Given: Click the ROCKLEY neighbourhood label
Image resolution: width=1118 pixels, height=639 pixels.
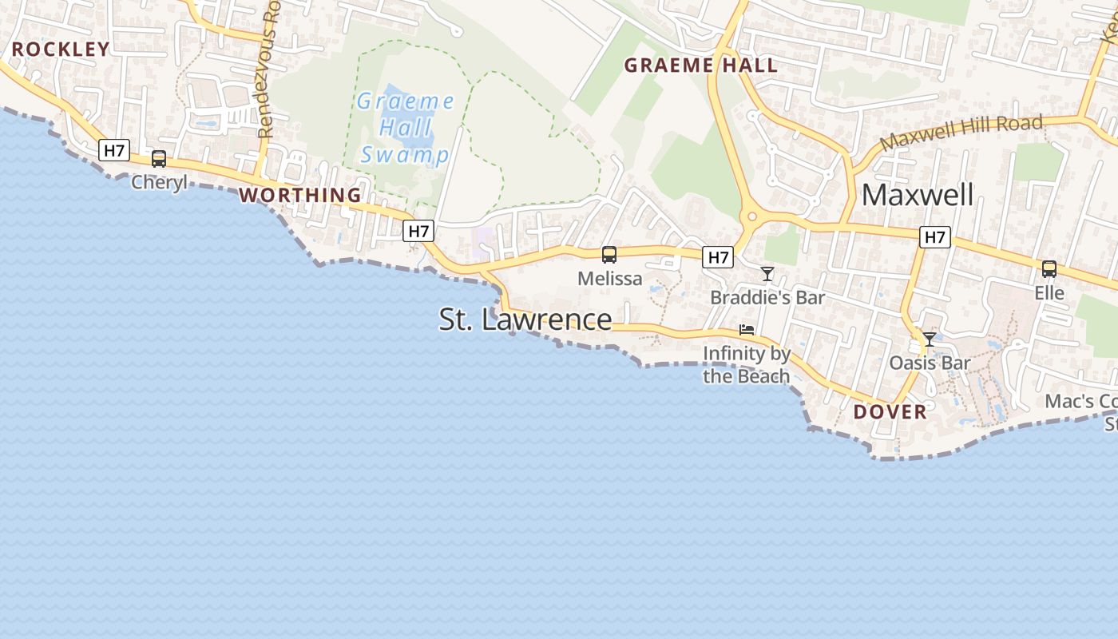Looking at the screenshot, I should [x=61, y=50].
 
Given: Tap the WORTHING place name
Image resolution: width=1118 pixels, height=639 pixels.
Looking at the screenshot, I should [x=300, y=195].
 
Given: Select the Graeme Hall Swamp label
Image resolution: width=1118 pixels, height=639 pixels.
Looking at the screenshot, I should [x=405, y=128].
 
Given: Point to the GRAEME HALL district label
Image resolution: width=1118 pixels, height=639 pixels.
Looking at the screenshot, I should [x=700, y=65].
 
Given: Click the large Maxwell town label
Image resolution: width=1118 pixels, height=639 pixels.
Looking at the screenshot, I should [x=918, y=195].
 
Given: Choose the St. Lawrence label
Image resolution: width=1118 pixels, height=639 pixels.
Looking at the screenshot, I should [x=525, y=319].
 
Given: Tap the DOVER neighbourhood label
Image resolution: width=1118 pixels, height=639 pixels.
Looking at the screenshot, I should [x=890, y=411].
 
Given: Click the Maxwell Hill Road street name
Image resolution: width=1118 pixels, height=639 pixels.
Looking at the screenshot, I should [x=961, y=133].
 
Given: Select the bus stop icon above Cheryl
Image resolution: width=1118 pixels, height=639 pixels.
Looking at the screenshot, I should [x=159, y=158].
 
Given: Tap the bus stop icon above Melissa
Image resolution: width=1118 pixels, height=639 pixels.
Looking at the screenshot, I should [x=609, y=255].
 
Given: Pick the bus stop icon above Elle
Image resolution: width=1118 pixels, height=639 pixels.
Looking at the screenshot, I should [x=1049, y=269].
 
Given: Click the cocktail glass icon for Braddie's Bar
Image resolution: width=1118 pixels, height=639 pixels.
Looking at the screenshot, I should [x=767, y=274].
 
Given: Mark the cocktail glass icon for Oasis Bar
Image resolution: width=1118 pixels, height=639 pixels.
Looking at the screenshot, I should [x=930, y=339].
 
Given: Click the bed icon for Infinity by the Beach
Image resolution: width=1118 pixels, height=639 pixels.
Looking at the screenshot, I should [x=747, y=329].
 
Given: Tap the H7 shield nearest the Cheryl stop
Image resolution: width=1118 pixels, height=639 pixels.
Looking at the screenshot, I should [x=114, y=149].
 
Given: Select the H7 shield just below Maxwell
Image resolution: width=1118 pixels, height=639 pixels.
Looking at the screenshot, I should [x=934, y=236].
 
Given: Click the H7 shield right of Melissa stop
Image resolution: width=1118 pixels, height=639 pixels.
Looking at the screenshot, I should [x=718, y=256].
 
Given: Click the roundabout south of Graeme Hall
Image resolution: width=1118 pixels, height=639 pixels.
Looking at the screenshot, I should [x=750, y=216].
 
